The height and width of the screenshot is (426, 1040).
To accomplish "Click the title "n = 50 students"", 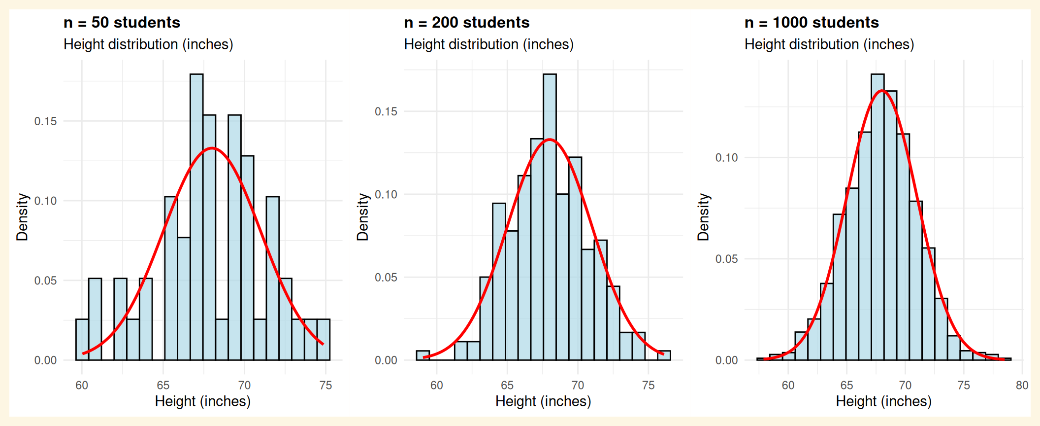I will click(x=122, y=23).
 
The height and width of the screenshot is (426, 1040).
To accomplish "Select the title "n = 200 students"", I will click(x=466, y=23).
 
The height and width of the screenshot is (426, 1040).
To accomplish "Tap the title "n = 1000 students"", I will click(x=812, y=23).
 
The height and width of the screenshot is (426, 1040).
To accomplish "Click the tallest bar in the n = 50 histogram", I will click(x=196, y=217).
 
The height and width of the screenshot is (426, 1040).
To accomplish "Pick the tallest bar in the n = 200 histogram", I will click(x=550, y=217).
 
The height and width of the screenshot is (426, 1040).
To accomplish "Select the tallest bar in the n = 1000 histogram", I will click(x=877, y=217).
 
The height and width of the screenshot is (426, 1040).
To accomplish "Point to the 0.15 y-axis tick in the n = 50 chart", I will click(x=45, y=121).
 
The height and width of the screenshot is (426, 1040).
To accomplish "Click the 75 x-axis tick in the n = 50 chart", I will click(x=325, y=386).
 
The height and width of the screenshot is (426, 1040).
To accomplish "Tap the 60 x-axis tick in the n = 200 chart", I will click(x=437, y=386).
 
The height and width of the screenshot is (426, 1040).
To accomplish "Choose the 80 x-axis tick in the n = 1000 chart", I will click(x=1022, y=386).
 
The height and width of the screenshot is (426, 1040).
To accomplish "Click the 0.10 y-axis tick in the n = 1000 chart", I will click(x=726, y=158).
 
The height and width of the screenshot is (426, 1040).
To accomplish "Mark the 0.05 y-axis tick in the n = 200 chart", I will click(x=386, y=278).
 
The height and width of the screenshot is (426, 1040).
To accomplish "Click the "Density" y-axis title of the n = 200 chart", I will click(x=363, y=217).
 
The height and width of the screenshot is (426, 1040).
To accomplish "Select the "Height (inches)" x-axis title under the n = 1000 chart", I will click(x=883, y=401).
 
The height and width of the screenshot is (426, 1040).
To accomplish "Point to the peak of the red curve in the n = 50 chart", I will click(x=212, y=148).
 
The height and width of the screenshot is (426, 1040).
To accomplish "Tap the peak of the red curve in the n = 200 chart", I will click(x=550, y=140).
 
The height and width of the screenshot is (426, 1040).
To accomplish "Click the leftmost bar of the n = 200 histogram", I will click(x=422, y=355).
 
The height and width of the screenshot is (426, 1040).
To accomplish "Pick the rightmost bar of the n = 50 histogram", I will click(x=324, y=340).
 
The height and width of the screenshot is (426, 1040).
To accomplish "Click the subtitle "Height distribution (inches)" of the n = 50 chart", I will click(x=148, y=44).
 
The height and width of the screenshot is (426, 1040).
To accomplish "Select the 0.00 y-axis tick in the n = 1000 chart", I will click(x=726, y=360).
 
